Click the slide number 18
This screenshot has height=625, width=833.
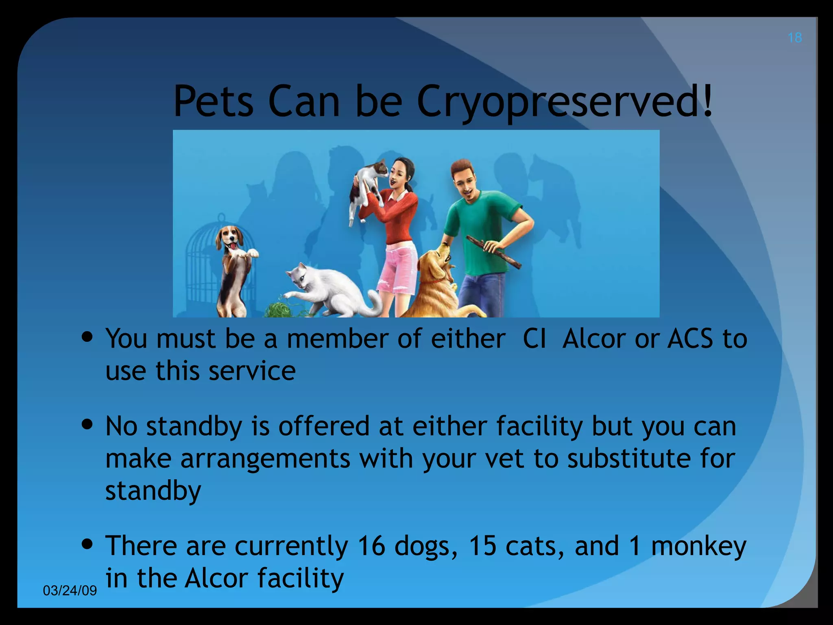point(794,38)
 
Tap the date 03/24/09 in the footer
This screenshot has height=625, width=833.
point(70,590)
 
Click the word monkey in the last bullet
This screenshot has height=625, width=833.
point(699,546)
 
